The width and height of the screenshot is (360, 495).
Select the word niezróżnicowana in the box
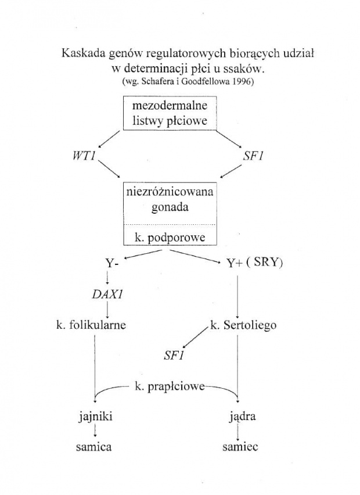170,193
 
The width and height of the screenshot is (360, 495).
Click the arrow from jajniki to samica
94,432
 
